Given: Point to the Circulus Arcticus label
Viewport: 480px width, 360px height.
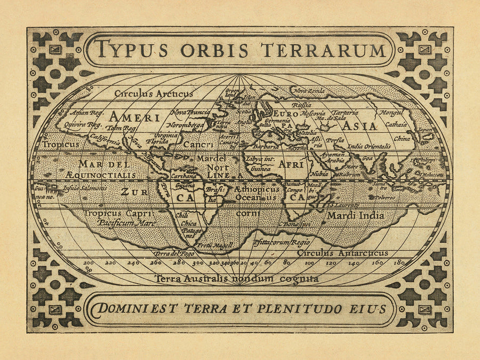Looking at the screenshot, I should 154,93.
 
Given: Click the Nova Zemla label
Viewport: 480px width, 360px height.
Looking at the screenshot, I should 309,91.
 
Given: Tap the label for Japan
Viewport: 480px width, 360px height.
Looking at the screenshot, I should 424,129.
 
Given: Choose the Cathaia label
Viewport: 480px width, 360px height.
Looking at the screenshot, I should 396,124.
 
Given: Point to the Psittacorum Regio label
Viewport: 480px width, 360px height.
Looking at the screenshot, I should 282,242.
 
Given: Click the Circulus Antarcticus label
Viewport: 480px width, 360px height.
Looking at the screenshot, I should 342,253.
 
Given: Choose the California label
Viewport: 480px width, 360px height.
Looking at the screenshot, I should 105,140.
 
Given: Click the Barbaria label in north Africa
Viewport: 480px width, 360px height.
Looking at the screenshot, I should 266,146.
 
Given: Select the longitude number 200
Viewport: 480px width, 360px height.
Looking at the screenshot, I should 88,262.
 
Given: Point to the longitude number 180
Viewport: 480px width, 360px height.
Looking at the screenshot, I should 397,262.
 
